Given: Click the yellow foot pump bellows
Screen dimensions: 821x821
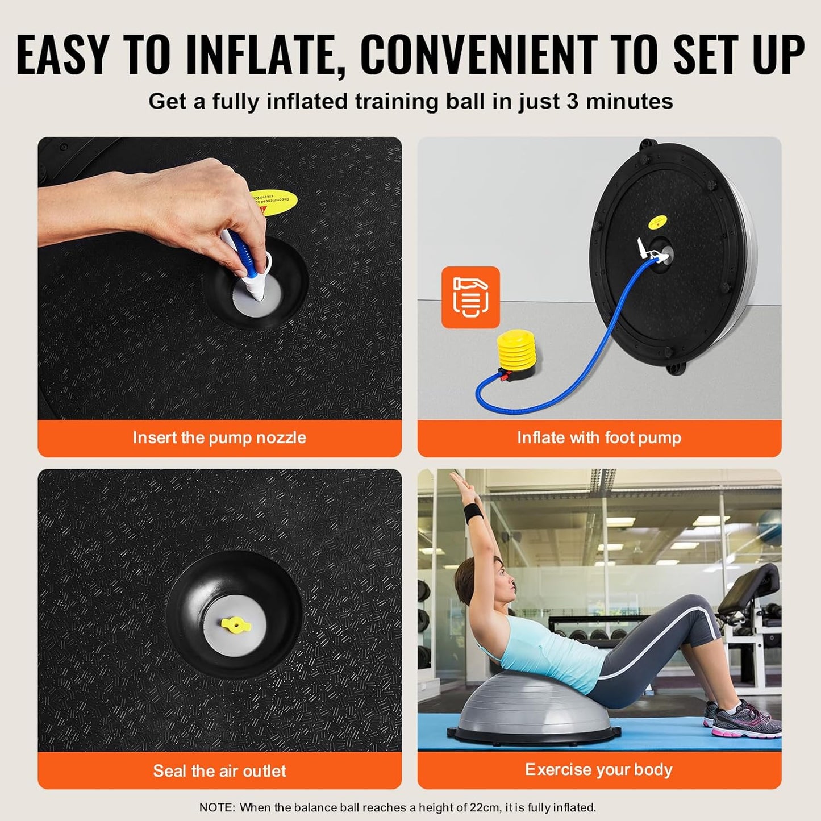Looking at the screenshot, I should click(516, 353).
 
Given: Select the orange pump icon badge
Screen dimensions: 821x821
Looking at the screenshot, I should click(470, 297).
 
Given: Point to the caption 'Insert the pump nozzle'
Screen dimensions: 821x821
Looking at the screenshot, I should click(219, 437).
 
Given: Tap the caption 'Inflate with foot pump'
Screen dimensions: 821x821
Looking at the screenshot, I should click(599, 437).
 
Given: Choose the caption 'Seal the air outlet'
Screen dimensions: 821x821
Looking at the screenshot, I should click(219, 770).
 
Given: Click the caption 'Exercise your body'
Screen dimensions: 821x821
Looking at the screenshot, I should click(599, 769).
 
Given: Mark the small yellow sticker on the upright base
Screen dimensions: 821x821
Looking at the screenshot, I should click(657, 222).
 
